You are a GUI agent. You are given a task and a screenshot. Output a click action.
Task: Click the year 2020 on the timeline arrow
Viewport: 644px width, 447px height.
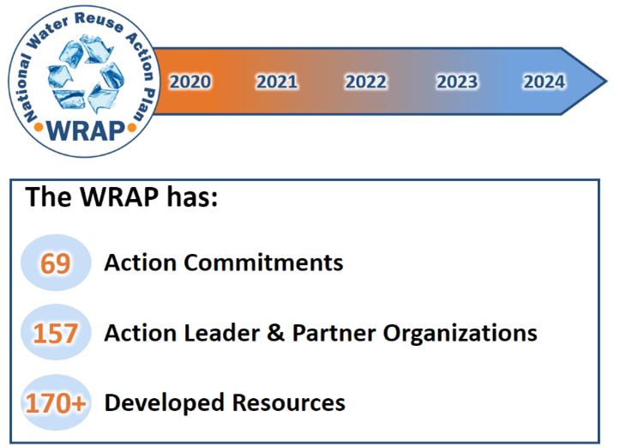click(x=190, y=82)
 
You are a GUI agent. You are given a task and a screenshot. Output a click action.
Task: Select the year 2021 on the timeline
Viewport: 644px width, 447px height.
click(x=277, y=82)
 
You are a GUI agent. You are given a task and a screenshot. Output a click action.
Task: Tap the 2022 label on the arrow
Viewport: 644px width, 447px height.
click(x=366, y=82)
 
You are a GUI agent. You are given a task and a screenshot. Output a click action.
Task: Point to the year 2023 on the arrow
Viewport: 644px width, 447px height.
click(x=456, y=82)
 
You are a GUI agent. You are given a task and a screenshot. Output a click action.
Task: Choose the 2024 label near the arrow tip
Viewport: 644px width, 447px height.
click(x=545, y=82)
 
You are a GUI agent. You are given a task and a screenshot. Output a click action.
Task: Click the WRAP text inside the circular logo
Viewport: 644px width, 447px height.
click(x=85, y=130)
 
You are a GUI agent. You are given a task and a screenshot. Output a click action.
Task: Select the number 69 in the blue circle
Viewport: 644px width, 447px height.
click(x=56, y=263)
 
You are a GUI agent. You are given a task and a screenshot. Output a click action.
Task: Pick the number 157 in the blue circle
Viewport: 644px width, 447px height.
click(x=56, y=333)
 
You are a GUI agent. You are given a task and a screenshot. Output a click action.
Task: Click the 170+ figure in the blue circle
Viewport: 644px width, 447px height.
click(x=56, y=402)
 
